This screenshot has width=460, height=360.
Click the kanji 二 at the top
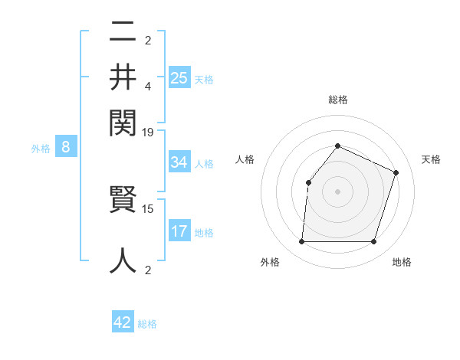pyautogui.click(x=123, y=32)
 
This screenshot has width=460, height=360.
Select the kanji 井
pyautogui.click(x=123, y=77)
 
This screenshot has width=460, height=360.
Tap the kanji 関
pyautogui.click(x=123, y=121)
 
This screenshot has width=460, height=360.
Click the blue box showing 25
pyautogui.click(x=179, y=78)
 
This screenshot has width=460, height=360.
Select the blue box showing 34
pyautogui.click(x=179, y=162)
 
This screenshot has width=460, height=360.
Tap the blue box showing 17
pyautogui.click(x=179, y=231)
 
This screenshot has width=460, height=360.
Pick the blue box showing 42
pyautogui.click(x=123, y=322)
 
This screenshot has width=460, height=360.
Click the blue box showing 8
pyautogui.click(x=66, y=148)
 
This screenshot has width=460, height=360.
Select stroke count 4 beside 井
pyautogui.click(x=149, y=86)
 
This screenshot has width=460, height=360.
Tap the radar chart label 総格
pyautogui.click(x=337, y=100)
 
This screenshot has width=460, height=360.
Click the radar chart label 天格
pyautogui.click(x=431, y=159)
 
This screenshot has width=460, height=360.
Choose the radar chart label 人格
pyautogui.click(x=245, y=159)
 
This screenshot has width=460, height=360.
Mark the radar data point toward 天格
pyautogui.click(x=396, y=172)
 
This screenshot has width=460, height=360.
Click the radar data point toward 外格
pyautogui.click(x=301, y=242)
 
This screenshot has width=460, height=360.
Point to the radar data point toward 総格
pyautogui.click(x=337, y=146)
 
